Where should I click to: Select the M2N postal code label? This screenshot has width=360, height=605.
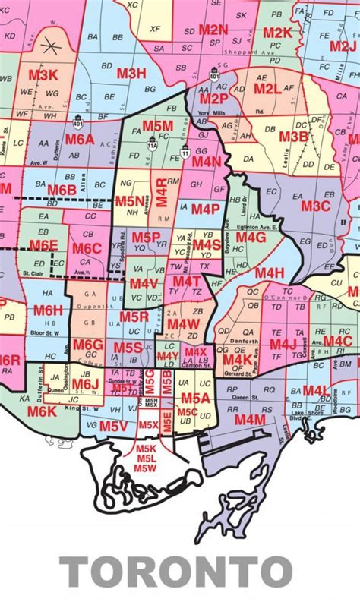coord(213,30)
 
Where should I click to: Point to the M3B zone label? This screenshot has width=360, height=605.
coord(293,137)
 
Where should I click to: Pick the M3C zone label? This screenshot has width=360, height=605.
coord(315,206)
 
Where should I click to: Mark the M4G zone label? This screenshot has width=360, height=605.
coord(250,238)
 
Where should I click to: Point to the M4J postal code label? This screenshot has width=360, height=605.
coord(283,344)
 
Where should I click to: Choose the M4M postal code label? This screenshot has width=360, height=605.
coord(249,419)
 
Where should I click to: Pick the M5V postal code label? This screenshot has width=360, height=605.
coord(113,427)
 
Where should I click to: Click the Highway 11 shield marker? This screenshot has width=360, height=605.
coord(186,153)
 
